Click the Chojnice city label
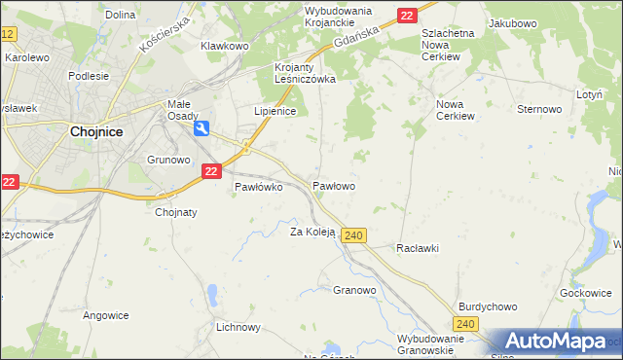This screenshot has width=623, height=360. point(95,135)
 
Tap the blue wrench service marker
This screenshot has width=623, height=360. point(202,127)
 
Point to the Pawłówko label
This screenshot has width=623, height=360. point(258,188)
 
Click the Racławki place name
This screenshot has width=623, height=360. point(418,248)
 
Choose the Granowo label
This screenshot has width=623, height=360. point(354,290)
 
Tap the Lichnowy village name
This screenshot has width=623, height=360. point(238,328)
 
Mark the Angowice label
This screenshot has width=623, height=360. point(106,314)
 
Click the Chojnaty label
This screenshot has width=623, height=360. point(176,212)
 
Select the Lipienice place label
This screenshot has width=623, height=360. point(274,112)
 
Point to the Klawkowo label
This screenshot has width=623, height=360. point(225,46)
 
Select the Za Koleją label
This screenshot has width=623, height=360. point(312,232)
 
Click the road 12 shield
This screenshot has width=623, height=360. point(8,34)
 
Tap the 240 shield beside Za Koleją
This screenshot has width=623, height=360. point(354,236)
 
